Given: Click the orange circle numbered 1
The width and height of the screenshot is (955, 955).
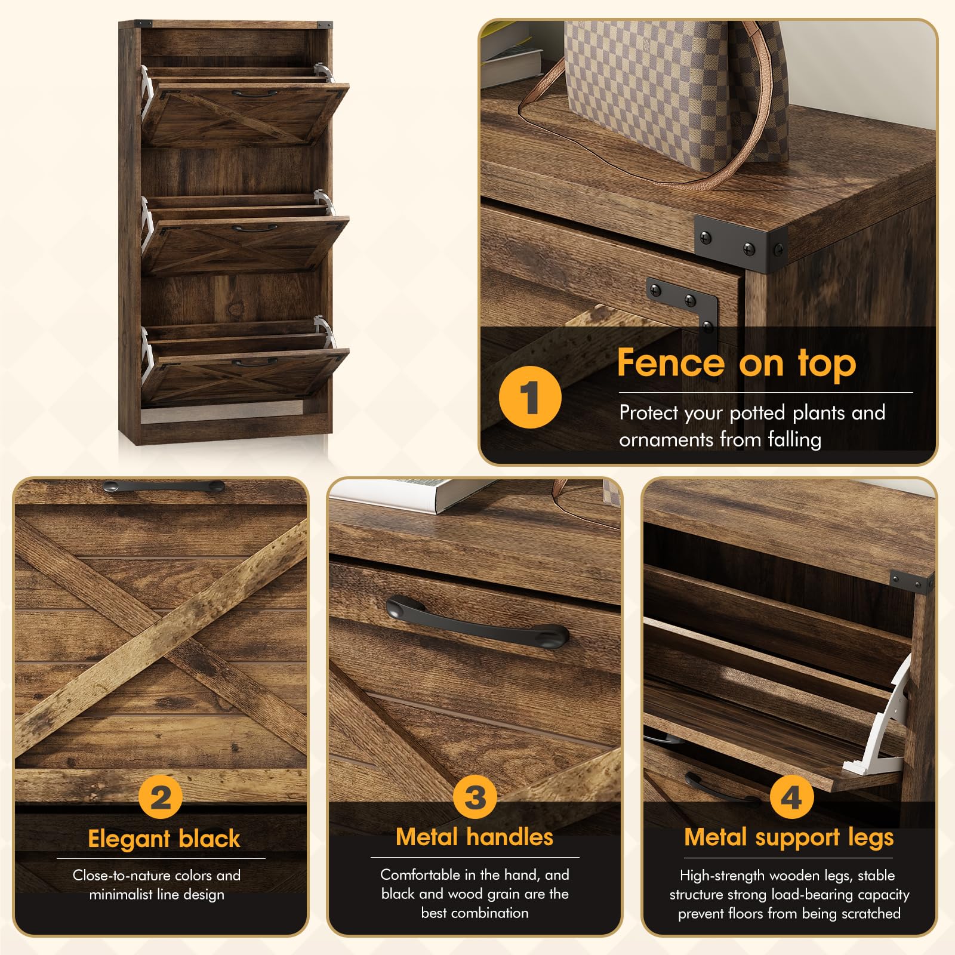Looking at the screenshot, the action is (x=530, y=397).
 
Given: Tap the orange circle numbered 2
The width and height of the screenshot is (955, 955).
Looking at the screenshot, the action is (x=160, y=797).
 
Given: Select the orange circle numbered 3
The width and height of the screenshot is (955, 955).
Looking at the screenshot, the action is (x=475, y=797).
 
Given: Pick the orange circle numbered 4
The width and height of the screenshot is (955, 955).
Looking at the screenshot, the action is (x=791, y=797).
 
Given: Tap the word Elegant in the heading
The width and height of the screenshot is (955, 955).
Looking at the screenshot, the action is (x=129, y=839).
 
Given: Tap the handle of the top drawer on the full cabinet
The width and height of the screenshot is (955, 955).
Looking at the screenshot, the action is (x=254, y=93).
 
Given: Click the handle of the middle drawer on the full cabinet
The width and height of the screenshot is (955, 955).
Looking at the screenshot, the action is (x=254, y=227).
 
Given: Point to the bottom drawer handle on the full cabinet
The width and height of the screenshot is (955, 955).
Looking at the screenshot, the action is (x=254, y=362).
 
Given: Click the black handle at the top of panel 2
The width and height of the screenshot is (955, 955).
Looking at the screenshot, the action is (x=164, y=486).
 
